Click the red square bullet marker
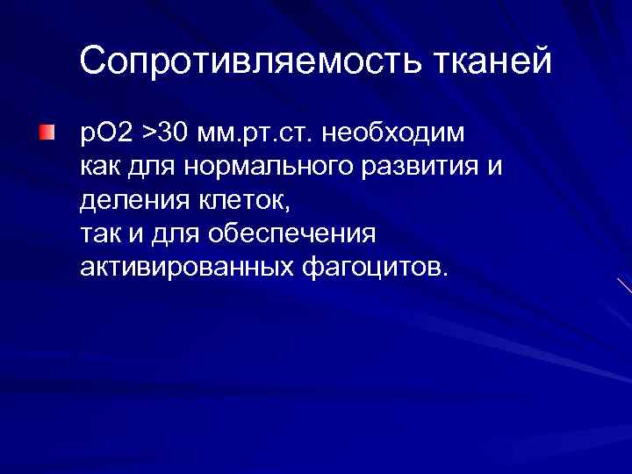pos(46,133)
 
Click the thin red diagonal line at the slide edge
pos(623,284)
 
